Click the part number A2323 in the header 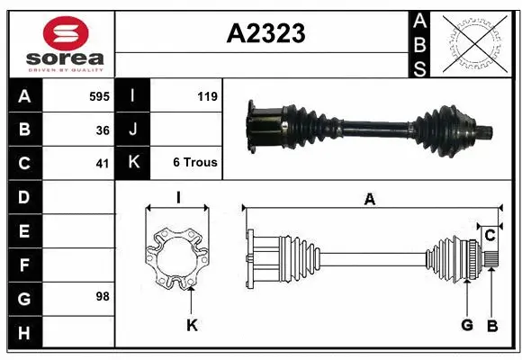[265, 34]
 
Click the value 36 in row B [102, 130]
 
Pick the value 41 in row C [102, 164]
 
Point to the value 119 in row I [206, 94]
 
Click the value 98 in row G [102, 295]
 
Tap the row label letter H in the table [23, 333]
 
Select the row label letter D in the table [23, 196]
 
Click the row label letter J [133, 130]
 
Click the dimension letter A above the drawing [368, 200]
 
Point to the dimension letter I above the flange [179, 197]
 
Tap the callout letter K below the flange [191, 325]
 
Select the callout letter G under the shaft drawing [467, 325]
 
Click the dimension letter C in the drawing [490, 235]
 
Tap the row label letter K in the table [133, 164]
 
